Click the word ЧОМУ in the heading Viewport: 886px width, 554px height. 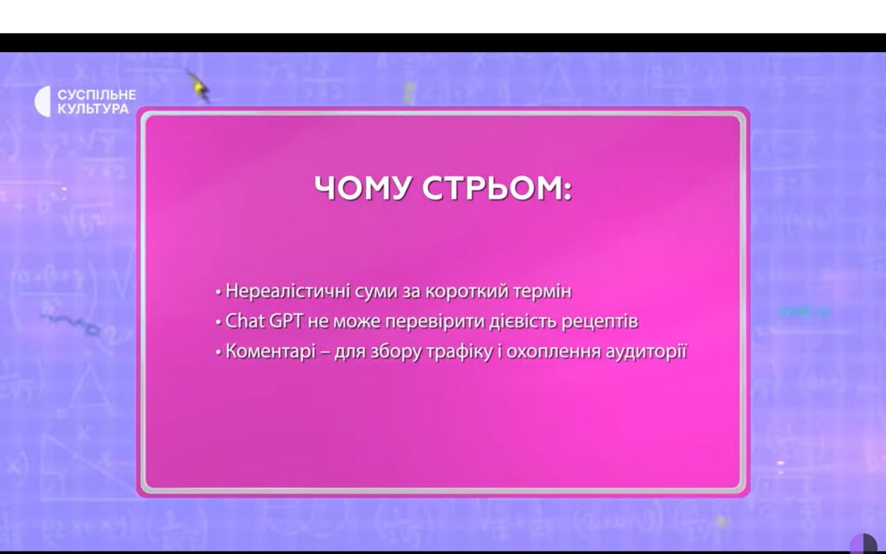click(363, 188)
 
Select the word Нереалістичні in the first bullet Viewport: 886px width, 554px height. click(288, 291)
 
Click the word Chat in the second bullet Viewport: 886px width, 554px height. click(245, 321)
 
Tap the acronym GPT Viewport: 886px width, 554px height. click(286, 321)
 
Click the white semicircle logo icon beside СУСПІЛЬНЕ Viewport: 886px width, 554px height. click(43, 102)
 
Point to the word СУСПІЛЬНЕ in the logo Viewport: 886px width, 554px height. click(97, 94)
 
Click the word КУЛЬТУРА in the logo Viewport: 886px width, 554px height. click(93, 108)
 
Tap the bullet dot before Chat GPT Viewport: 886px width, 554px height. click(218, 322)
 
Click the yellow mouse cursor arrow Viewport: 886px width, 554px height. click(198, 86)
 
